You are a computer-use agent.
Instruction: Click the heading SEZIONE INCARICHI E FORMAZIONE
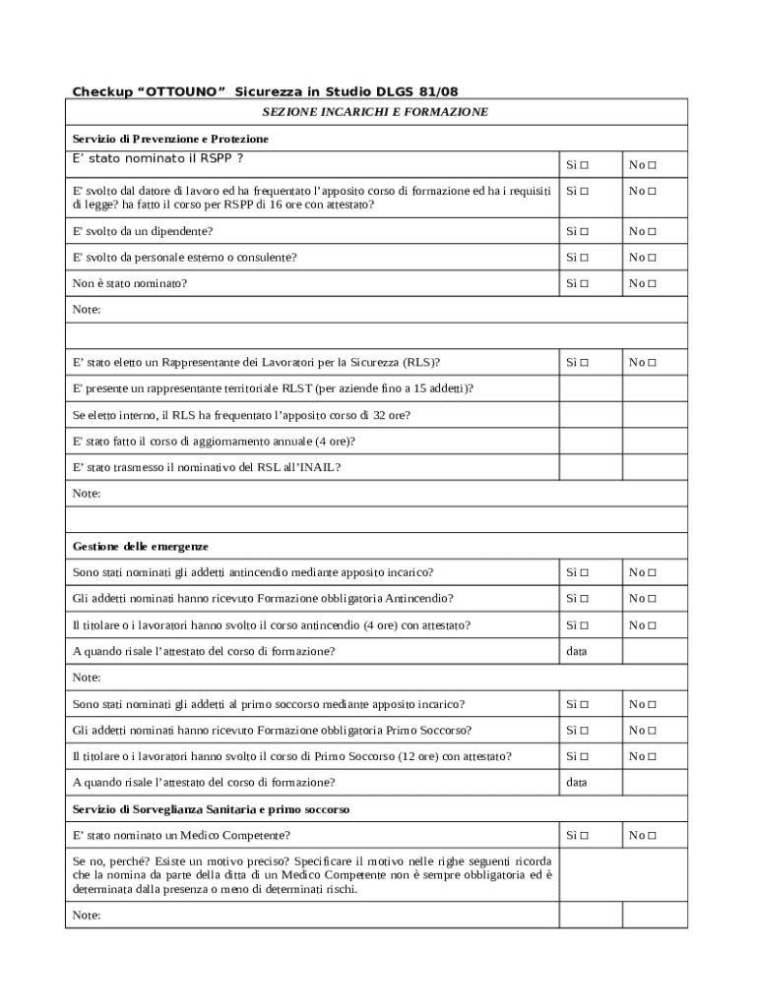point(375,112)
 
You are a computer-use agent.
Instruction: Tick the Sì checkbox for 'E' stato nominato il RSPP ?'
point(585,164)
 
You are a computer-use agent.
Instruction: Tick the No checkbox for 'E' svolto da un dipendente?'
point(652,231)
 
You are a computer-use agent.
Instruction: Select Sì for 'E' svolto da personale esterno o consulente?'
point(585,258)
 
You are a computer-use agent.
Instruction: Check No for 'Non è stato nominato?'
point(652,284)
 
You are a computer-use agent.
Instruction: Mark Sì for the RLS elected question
point(585,363)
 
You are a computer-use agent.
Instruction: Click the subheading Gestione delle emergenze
point(141,546)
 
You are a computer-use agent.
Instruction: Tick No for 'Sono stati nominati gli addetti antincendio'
point(652,572)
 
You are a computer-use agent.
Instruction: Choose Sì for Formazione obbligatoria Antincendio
point(585,599)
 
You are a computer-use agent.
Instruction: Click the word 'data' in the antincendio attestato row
point(576,651)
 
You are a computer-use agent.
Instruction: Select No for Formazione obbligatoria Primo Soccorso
point(652,731)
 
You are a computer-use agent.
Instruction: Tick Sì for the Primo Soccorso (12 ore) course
point(585,756)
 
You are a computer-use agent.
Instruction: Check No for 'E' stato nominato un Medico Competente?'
point(652,836)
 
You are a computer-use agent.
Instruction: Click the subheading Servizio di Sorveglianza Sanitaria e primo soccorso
point(212,809)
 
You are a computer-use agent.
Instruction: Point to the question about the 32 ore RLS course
point(241,415)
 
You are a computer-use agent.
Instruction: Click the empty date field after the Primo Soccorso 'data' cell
point(655,783)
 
